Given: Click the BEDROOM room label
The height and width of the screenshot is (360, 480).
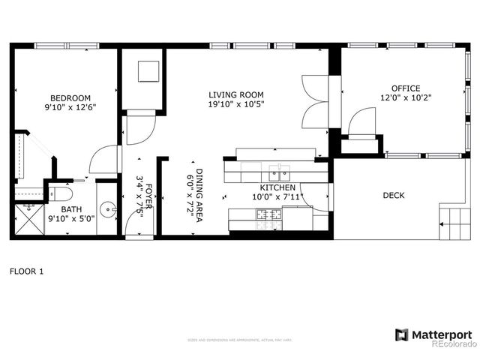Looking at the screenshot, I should pyautogui.click(x=70, y=98).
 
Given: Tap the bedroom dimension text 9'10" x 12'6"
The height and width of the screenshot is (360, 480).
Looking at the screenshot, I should pyautogui.click(x=70, y=107).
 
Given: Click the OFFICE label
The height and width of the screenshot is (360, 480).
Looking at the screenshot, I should pyautogui.click(x=406, y=88).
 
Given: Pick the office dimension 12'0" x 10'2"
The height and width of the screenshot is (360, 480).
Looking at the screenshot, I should pyautogui.click(x=406, y=97).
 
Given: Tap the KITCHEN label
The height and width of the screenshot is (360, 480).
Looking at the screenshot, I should pyautogui.click(x=277, y=187).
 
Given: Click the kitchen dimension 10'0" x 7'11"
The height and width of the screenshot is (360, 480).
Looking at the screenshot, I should pyautogui.click(x=277, y=197).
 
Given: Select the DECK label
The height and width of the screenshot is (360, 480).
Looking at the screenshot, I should pyautogui.click(x=393, y=196).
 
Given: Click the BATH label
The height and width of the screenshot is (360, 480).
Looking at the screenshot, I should pyautogui.click(x=71, y=210).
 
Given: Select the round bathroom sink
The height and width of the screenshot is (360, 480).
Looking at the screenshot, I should pyautogui.click(x=108, y=209).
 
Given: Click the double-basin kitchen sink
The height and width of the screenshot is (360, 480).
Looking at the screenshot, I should pyautogui.click(x=280, y=171).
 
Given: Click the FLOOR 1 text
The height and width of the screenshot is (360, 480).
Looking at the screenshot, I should pyautogui.click(x=26, y=271).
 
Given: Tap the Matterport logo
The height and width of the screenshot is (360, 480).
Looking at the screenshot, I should pyautogui.click(x=434, y=334).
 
